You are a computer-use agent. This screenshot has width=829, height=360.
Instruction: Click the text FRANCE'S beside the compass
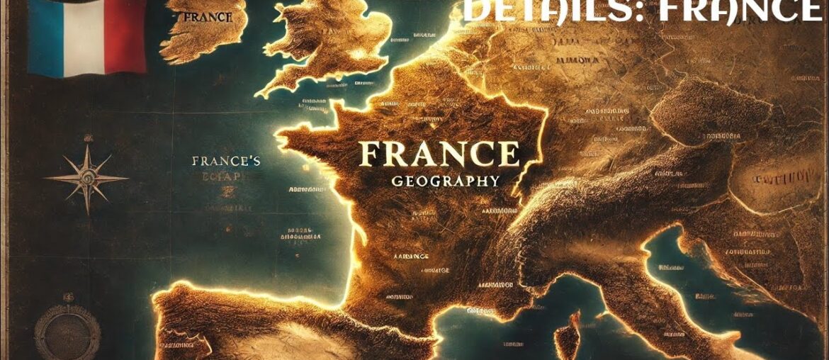point(226,162)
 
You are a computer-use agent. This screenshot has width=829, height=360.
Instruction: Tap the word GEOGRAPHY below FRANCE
point(446,181)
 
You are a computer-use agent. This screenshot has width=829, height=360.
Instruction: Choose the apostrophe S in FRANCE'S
point(256,162)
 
